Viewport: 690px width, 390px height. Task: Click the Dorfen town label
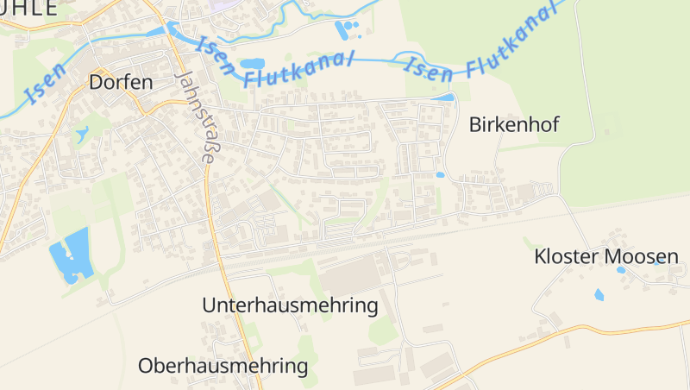121,83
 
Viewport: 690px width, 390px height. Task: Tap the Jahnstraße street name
196,116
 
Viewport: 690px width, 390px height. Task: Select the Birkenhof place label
514,124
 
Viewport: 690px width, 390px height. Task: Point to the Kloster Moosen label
606,256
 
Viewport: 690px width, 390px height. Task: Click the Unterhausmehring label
290,305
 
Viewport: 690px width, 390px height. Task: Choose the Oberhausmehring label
223,366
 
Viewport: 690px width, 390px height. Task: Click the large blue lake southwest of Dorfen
71,255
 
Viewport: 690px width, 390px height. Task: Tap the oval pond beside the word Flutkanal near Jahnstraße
252,64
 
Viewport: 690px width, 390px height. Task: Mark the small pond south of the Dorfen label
82,135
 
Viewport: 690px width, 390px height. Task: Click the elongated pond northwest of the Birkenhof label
443,97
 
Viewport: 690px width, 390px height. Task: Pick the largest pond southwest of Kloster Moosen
599,294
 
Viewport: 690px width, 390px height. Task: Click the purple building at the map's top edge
223,4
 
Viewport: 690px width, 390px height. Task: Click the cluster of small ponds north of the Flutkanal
348,31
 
